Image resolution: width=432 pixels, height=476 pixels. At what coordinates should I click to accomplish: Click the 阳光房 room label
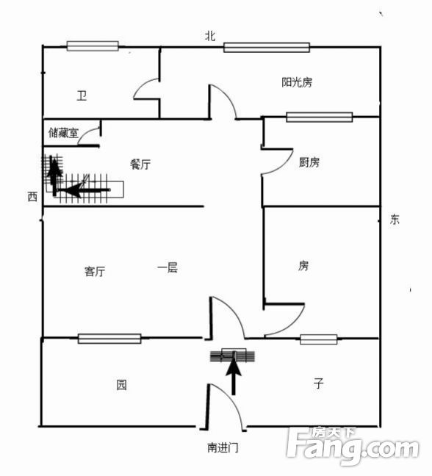(297, 82)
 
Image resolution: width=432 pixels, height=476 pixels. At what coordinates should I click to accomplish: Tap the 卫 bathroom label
(82, 96)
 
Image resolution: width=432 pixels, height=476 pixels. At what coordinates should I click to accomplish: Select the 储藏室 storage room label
(63, 133)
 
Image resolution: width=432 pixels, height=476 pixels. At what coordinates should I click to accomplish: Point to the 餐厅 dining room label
(140, 165)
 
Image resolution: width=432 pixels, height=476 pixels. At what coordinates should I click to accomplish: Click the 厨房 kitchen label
(309, 162)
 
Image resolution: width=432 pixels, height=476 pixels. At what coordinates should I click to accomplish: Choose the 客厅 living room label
(95, 271)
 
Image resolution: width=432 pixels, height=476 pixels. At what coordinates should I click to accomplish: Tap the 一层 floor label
(168, 267)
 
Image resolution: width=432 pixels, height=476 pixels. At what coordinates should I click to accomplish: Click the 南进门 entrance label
(223, 447)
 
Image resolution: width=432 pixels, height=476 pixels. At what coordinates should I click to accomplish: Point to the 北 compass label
(210, 36)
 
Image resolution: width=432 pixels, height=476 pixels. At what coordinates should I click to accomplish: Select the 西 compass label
(32, 197)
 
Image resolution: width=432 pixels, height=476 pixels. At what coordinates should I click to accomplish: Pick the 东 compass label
(395, 219)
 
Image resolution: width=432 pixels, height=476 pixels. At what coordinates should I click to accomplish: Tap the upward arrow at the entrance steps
(234, 376)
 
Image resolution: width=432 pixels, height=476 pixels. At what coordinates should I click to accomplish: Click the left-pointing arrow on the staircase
(84, 190)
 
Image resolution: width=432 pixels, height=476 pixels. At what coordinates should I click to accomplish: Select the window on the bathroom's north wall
(93, 46)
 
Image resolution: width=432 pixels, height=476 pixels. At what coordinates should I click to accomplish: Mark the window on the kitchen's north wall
(320, 117)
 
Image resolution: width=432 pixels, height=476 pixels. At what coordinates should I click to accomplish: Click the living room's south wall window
(109, 339)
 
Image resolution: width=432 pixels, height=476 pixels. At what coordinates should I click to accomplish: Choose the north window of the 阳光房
(267, 47)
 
